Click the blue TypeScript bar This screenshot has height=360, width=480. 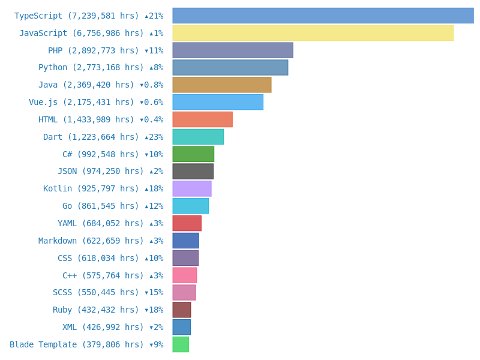[323, 16]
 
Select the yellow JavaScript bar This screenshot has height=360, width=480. [313, 33]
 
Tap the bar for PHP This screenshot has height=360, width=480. [233, 50]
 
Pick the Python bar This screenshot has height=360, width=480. [230, 67]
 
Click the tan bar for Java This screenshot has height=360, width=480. [221, 85]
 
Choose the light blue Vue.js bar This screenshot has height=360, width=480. [218, 102]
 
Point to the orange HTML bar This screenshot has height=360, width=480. [202, 119]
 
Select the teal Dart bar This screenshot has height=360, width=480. [198, 137]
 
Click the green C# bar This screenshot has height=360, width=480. [193, 154]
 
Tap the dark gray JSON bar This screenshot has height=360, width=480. [193, 172]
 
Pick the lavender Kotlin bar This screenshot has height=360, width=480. [192, 188]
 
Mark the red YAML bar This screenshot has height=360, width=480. [187, 223]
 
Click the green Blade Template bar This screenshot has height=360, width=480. [181, 344]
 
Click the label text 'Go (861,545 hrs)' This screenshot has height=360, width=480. [101, 206]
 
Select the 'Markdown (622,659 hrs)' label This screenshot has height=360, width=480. [91, 241]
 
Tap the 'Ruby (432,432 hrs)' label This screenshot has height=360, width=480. [96, 310]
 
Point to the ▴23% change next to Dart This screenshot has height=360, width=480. [154, 137]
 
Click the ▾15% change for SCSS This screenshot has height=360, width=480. [154, 293]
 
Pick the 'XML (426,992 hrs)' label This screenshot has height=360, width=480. [103, 328]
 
